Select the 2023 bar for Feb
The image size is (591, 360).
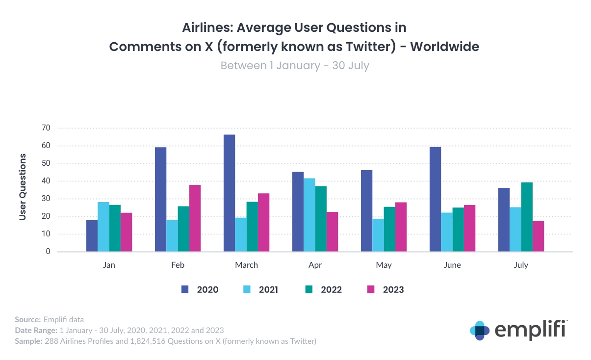(195, 218)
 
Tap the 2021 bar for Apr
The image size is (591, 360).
(309, 215)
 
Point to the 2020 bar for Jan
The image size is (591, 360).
(92, 236)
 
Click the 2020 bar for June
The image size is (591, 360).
(435, 199)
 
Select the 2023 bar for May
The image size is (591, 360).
(401, 227)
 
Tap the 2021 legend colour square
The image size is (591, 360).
(248, 289)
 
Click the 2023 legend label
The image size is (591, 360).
(393, 289)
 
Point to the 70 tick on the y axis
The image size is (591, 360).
(47, 128)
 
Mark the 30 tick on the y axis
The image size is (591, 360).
(47, 199)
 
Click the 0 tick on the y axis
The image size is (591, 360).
(48, 252)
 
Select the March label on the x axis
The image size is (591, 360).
(246, 265)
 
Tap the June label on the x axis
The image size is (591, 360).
(452, 265)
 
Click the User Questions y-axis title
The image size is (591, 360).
(23, 187)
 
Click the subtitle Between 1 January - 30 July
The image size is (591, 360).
(295, 65)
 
